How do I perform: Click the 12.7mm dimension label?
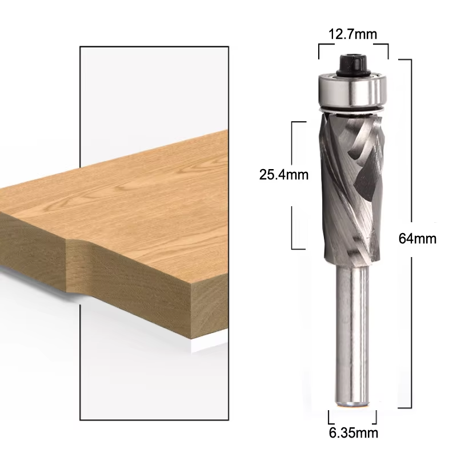coord(352,34)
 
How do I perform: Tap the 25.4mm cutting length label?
coord(284,175)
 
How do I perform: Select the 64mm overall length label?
coord(418,239)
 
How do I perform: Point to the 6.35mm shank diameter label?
coord(354,433)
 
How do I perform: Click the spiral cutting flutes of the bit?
coord(352,187)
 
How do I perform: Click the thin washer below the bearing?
coord(352,110)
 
